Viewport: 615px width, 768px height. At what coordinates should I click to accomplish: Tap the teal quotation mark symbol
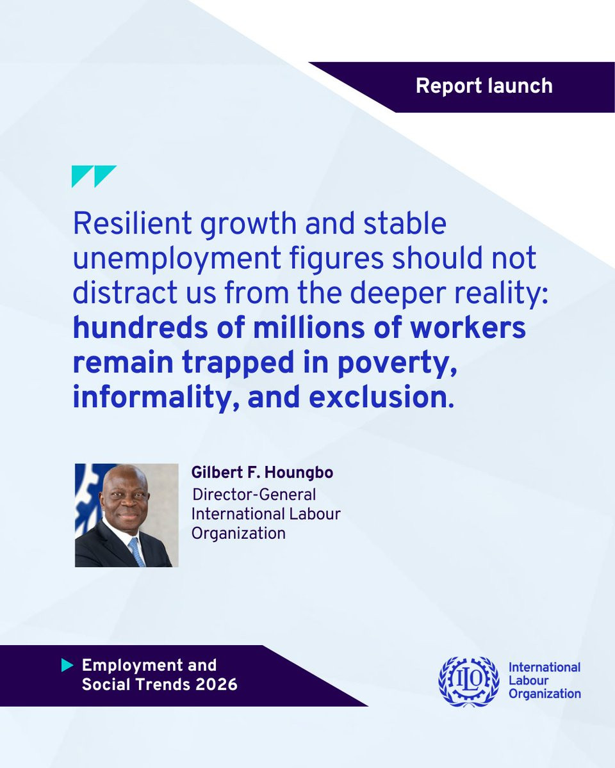tap(94, 176)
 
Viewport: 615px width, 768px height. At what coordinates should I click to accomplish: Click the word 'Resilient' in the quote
tap(132, 223)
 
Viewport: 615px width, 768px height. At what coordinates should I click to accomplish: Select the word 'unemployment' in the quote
tap(177, 259)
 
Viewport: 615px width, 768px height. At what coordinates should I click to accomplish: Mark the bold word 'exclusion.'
tap(381, 397)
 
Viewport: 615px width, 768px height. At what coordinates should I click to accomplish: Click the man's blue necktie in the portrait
tap(137, 552)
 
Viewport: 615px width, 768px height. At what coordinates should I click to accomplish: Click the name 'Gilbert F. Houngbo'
tap(262, 472)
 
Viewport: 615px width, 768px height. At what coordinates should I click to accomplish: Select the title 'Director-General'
tap(254, 495)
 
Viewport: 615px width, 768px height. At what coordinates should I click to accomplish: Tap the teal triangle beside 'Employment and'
tap(67, 665)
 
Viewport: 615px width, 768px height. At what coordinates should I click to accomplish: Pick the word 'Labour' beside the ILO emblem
tap(529, 681)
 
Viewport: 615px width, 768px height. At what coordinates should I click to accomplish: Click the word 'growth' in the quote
tap(249, 225)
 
